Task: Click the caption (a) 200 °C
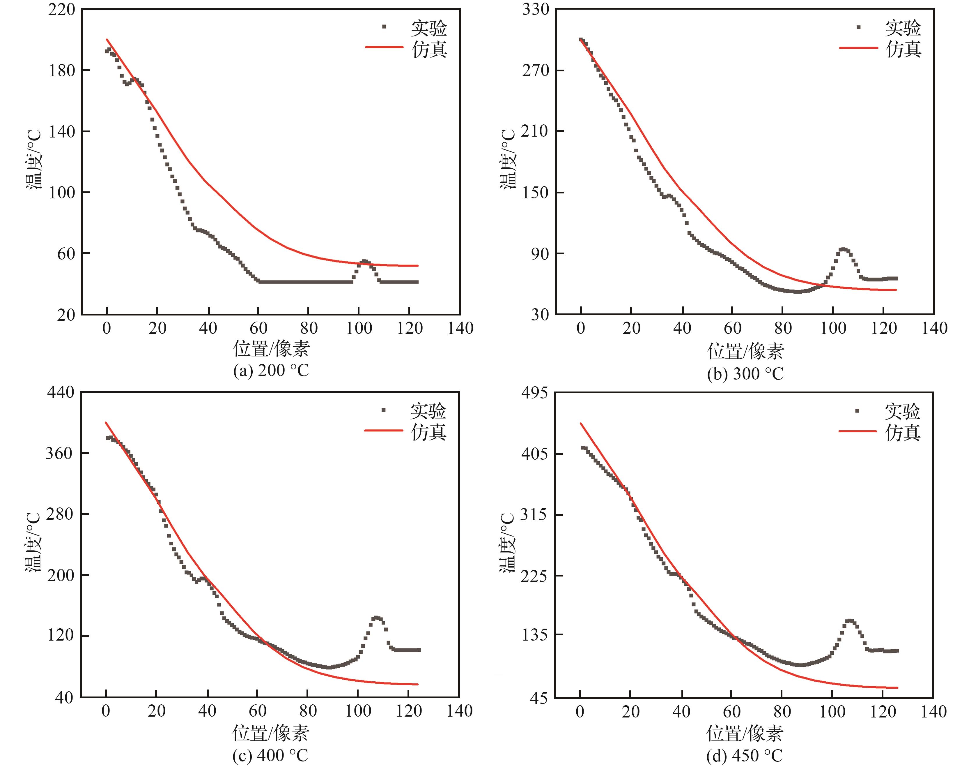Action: (271, 371)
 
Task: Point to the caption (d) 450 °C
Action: (744, 755)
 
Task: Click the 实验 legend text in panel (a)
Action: (429, 28)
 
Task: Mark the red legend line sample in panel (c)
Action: (384, 430)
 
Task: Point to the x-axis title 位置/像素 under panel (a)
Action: (271, 349)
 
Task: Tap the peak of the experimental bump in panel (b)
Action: (843, 249)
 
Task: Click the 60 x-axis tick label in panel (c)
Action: (258, 711)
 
